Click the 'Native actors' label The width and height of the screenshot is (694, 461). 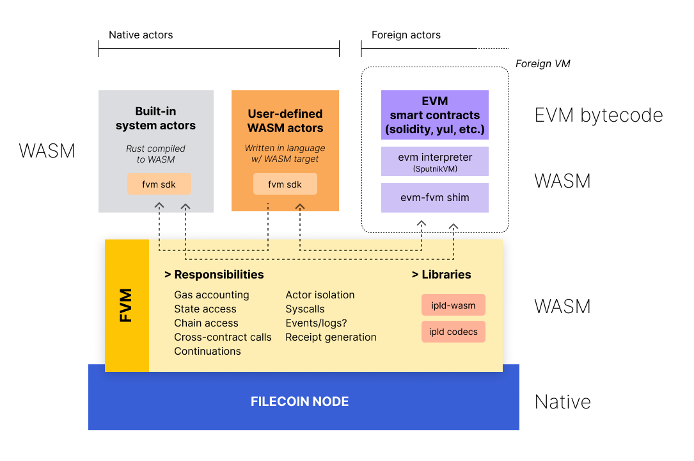[x=141, y=35]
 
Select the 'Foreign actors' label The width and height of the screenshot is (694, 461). [x=406, y=35]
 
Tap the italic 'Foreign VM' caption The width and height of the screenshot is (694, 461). [x=542, y=64]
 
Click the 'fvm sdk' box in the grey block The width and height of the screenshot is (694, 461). [x=160, y=184]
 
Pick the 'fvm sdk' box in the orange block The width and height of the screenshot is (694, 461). [x=285, y=184]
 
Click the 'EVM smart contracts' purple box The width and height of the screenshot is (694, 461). [x=435, y=115]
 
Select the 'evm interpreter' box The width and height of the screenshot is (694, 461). [x=435, y=161]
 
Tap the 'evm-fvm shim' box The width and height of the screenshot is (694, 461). [x=435, y=198]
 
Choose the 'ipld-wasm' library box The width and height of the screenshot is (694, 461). [x=453, y=305]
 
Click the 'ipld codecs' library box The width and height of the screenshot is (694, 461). [x=453, y=332]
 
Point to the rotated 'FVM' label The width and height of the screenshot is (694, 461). [x=127, y=305]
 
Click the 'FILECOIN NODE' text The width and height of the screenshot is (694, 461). [x=300, y=402]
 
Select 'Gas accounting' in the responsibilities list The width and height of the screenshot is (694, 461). [x=212, y=295]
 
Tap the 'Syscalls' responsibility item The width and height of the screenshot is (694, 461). [x=305, y=309]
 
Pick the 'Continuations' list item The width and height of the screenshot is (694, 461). [x=208, y=352]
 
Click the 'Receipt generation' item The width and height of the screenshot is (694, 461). [x=331, y=337]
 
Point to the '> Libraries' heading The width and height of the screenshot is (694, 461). [x=441, y=275]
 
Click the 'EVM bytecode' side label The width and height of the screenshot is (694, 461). [x=599, y=115]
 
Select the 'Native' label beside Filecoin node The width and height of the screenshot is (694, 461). [x=563, y=402]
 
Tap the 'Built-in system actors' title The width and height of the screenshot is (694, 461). [x=156, y=119]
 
